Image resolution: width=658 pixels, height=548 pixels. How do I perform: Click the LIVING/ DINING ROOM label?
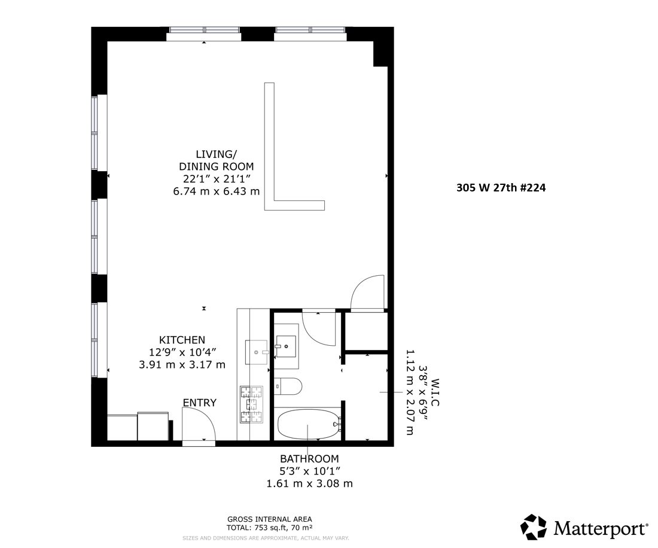tap(216, 160)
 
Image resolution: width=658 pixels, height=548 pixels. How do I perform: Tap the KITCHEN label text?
tap(182, 339)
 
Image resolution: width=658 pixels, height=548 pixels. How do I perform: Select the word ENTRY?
tap(199, 403)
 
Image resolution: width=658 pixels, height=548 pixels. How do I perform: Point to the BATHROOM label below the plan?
tap(309, 458)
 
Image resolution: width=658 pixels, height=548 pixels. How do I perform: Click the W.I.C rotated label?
tap(435, 392)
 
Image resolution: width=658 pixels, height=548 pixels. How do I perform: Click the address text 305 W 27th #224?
tap(501, 187)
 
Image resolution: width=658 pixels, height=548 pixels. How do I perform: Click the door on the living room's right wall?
tap(367, 293)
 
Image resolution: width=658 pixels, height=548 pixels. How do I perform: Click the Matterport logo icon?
tap(533, 527)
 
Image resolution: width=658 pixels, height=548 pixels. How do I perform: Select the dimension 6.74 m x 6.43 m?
tap(216, 191)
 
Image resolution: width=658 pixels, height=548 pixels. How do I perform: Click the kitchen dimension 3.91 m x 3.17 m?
tap(182, 364)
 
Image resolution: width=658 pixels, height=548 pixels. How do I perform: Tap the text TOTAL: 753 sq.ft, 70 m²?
tap(269, 527)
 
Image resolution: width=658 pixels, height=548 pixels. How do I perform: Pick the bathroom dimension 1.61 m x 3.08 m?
tap(309, 483)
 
